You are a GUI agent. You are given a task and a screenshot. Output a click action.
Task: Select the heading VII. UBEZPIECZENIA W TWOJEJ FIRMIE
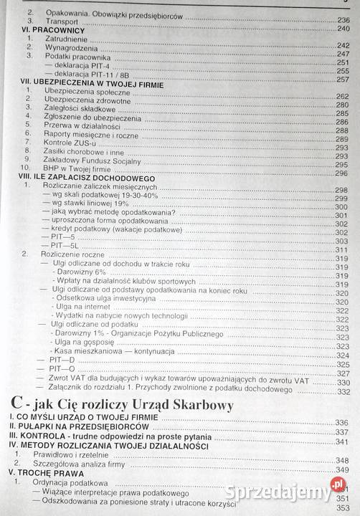coord(91,84)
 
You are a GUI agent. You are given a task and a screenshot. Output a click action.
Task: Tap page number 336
coord(343,422)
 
